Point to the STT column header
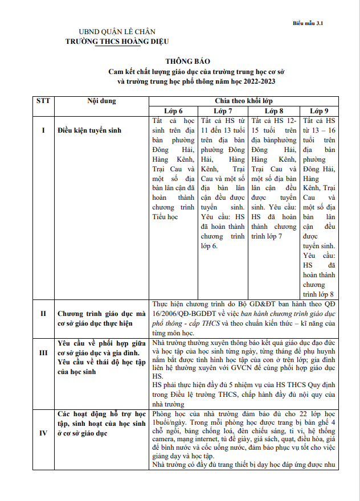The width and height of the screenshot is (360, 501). [x=43, y=101]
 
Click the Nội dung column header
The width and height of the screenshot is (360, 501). [x=101, y=101]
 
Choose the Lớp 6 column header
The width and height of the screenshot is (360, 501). [x=173, y=110]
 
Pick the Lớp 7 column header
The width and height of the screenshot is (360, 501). [x=223, y=110]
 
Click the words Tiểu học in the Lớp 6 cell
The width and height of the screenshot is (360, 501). [x=165, y=217]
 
